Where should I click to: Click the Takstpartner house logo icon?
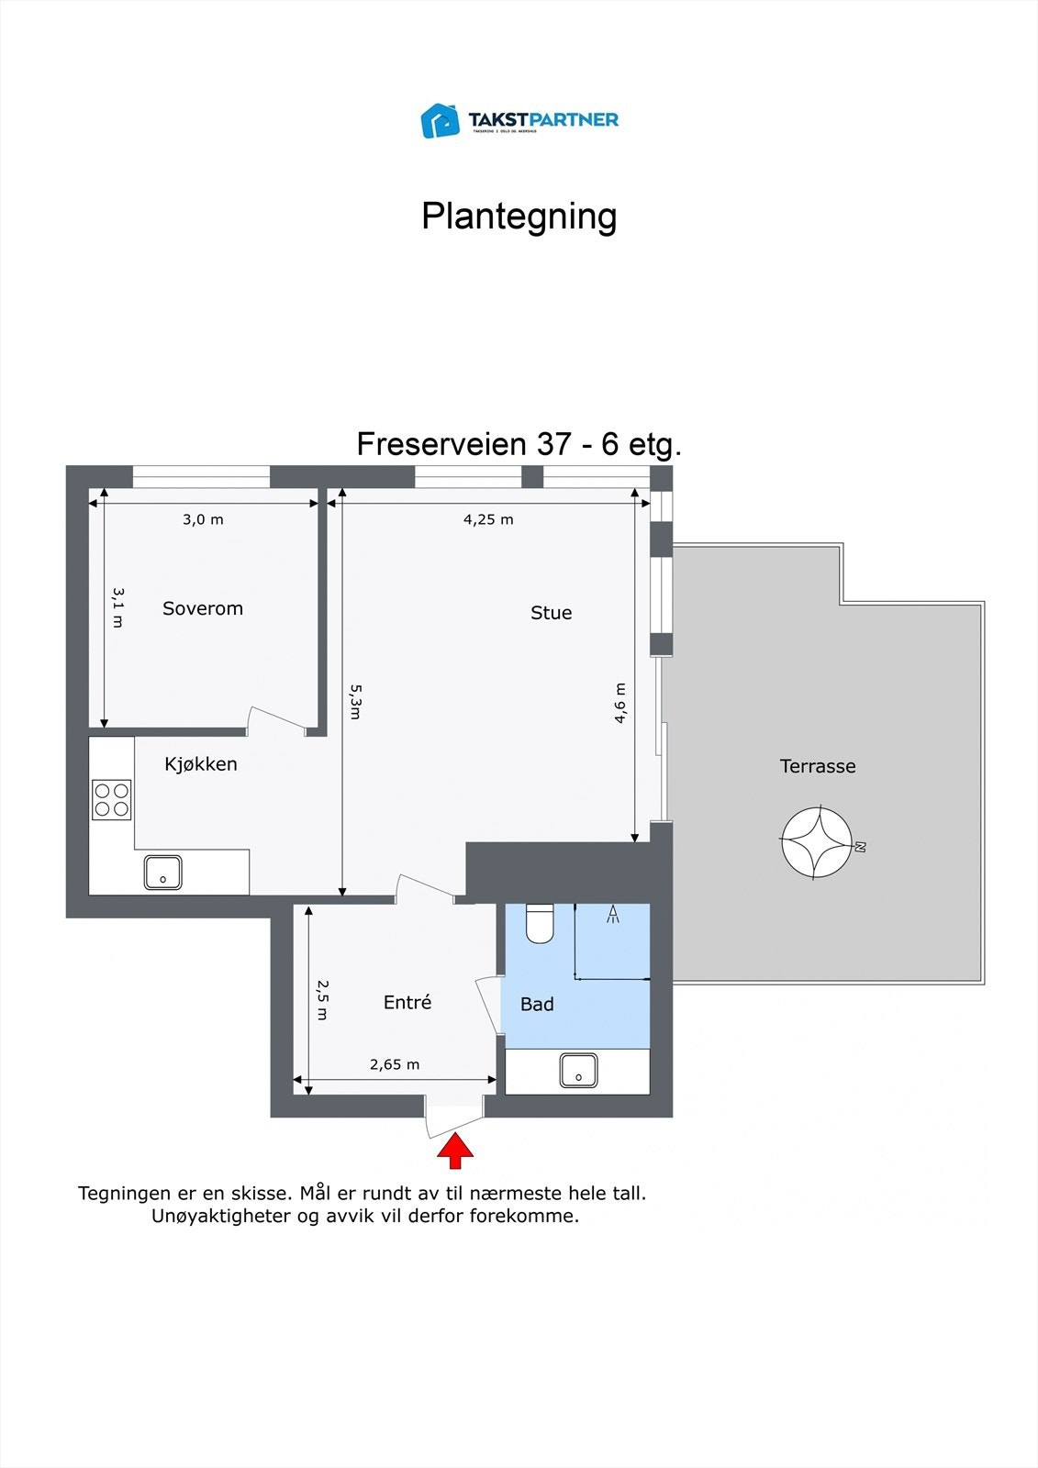(x=440, y=120)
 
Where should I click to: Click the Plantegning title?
(x=519, y=217)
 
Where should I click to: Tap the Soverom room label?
(x=203, y=608)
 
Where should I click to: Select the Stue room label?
(x=551, y=613)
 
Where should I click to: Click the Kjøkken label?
(x=201, y=764)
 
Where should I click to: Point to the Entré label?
(x=407, y=1003)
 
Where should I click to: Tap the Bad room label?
(x=537, y=1005)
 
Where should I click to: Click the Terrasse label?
(x=818, y=766)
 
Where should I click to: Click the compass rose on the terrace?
(x=817, y=841)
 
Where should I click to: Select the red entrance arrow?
(x=455, y=1151)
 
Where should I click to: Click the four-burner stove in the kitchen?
(x=111, y=799)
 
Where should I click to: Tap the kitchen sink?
(x=162, y=873)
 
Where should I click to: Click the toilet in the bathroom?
(x=540, y=923)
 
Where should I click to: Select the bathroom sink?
(x=578, y=1071)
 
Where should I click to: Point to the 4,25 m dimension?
(x=488, y=519)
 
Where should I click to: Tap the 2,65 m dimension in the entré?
(x=395, y=1064)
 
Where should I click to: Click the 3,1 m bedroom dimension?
(x=117, y=607)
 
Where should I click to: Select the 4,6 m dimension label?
(x=621, y=703)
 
